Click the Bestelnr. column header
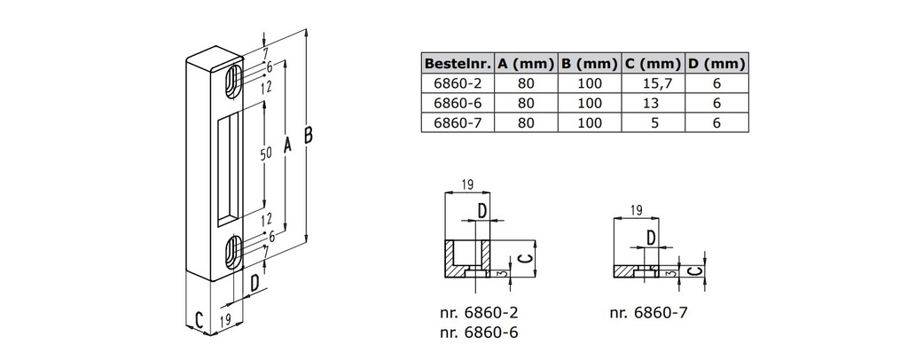(x=458, y=64)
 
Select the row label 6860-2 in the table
(x=458, y=83)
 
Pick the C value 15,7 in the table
(x=653, y=83)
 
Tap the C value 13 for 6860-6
(x=653, y=103)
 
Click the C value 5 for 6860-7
(x=653, y=122)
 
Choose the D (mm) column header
(x=716, y=64)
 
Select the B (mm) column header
(x=590, y=64)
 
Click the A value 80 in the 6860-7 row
(x=526, y=122)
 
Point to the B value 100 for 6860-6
(x=590, y=103)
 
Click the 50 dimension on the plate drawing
(x=265, y=153)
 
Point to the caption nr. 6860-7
(x=649, y=312)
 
